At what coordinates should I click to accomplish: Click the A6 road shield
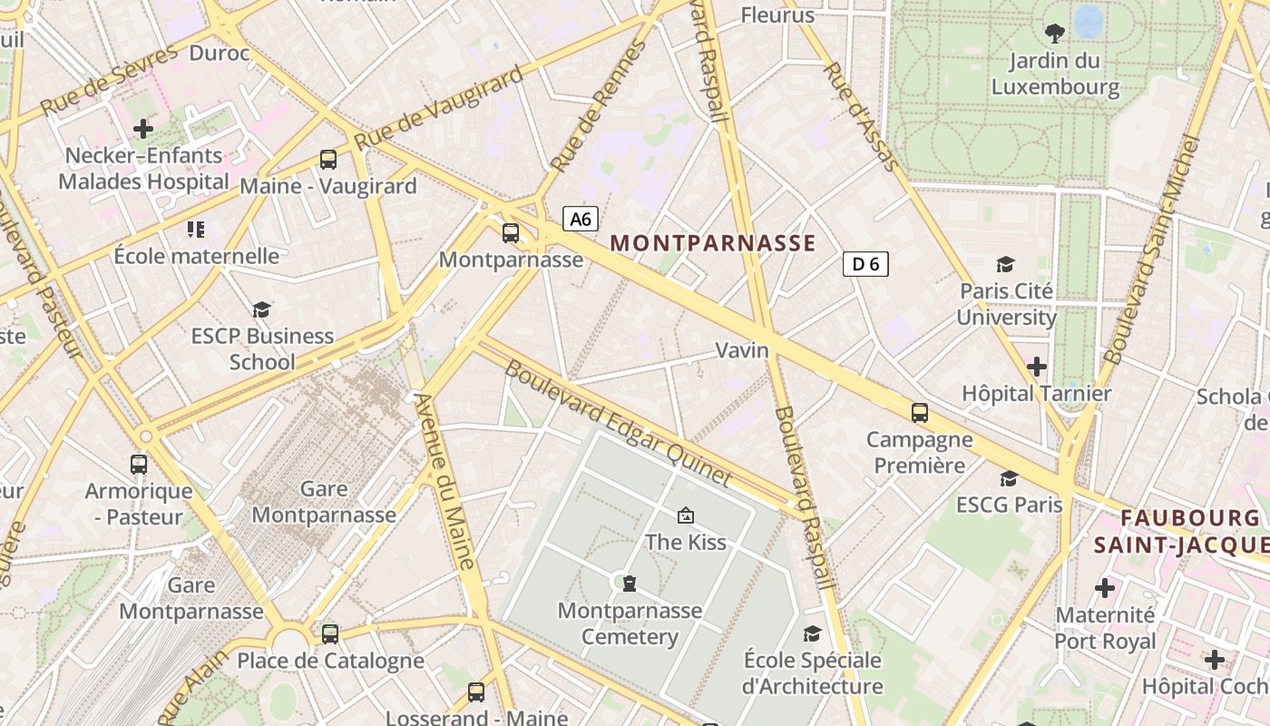point(581,219)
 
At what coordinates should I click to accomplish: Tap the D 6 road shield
point(865,264)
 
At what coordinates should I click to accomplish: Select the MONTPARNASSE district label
point(713,243)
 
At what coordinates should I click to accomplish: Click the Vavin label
point(742,350)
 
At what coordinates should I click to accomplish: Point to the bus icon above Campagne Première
point(920,413)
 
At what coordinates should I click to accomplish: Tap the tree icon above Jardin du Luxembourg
point(1055,34)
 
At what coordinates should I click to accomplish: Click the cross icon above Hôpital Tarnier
point(1037,367)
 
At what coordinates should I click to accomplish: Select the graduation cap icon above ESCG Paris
point(1009,478)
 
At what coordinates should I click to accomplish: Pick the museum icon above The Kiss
point(686,515)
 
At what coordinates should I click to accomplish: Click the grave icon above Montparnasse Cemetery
point(630,583)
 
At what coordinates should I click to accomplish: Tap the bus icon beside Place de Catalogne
point(330,633)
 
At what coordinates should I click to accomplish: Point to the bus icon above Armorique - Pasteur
point(139,465)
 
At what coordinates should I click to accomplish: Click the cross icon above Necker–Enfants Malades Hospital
point(143,129)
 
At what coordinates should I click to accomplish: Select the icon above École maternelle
point(196,230)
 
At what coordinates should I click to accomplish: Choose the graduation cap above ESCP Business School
point(262,309)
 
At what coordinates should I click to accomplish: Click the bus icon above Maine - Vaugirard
point(328,160)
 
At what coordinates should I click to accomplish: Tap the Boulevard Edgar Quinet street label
point(617,422)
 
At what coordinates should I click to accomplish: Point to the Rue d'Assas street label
point(861,116)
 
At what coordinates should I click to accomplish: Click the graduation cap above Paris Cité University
point(1006,264)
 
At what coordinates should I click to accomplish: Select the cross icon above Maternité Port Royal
point(1105,588)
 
